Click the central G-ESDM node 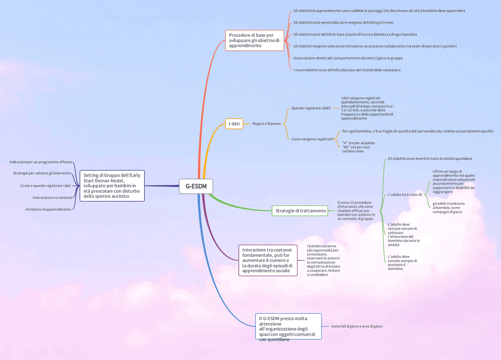pyautogui.click(x=196, y=186)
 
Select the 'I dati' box pyautogui.click(x=234, y=124)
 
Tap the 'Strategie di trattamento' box pyautogui.click(x=300, y=211)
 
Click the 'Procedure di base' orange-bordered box pyautogui.click(x=254, y=40)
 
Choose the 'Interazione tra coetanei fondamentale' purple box pyautogui.click(x=268, y=260)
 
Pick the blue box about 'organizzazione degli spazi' pyautogui.click(x=288, y=326)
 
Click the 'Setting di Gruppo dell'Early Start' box pyautogui.click(x=112, y=185)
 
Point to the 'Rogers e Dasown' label pyautogui.click(x=266, y=124)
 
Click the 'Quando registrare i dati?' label pyautogui.click(x=311, y=108)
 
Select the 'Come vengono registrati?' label pyautogui.click(x=312, y=139)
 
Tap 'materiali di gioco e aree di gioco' pyautogui.click(x=357, y=326)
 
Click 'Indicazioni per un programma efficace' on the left pyautogui.click(x=41, y=162)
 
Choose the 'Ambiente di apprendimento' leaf pyautogui.click(x=48, y=209)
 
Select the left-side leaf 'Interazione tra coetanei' pyautogui.click(x=52, y=197)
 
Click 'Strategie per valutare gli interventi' pyautogui.click(x=41, y=173)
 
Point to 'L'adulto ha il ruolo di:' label pyautogui.click(x=405, y=195)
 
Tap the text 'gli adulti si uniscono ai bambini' pyautogui.click(x=449, y=208)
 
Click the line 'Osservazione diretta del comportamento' pyautogui.click(x=348, y=58)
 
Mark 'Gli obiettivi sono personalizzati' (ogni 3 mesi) pyautogui.click(x=343, y=23)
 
